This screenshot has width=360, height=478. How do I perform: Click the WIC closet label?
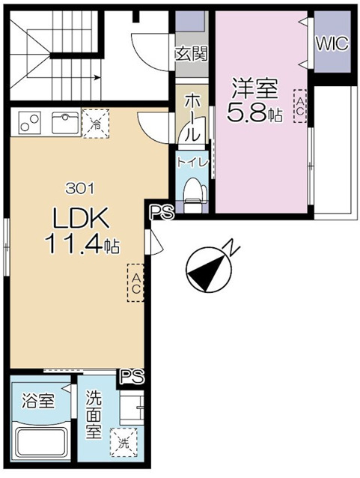tap(331, 43)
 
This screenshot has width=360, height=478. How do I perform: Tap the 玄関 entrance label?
tap(192, 54)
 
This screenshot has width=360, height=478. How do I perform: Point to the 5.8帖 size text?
tap(254, 115)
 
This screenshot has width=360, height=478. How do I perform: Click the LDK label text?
tap(80, 218)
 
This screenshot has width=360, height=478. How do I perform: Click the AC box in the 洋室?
tap(299, 105)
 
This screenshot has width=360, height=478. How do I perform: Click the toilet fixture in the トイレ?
tap(193, 192)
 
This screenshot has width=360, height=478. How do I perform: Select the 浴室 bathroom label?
tap(37, 401)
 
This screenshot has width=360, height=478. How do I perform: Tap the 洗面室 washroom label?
tap(94, 417)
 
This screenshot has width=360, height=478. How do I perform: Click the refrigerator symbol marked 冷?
tap(95, 122)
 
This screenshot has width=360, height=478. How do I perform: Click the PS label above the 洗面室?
tap(132, 375)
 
